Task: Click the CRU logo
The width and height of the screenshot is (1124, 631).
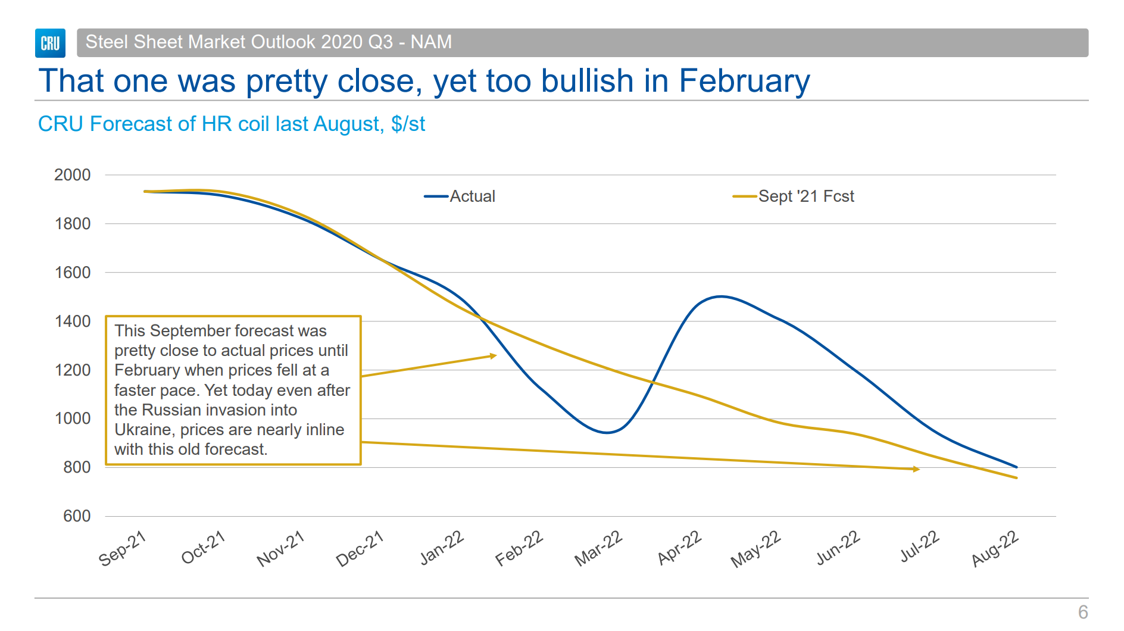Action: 50,43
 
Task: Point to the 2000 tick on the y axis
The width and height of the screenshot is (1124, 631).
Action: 73,175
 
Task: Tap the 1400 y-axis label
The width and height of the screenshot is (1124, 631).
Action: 73,321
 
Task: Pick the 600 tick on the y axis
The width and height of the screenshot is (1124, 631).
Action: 77,516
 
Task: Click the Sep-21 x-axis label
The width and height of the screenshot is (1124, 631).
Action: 123,548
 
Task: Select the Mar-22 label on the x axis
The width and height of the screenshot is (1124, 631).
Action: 598,548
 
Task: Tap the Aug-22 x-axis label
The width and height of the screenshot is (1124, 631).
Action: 995,548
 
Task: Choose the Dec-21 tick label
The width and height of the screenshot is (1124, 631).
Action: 360,548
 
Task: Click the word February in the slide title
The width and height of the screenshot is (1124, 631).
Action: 744,81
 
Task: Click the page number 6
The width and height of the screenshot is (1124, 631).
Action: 1083,612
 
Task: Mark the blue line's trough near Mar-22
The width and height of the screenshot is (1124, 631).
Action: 606,433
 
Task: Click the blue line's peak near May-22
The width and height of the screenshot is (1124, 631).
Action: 721,296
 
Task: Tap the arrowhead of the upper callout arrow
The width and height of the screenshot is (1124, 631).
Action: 494,356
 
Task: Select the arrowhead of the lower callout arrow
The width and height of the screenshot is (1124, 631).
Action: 917,469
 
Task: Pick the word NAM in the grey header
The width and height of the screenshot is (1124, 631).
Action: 431,42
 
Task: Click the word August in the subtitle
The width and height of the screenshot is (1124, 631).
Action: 347,124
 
